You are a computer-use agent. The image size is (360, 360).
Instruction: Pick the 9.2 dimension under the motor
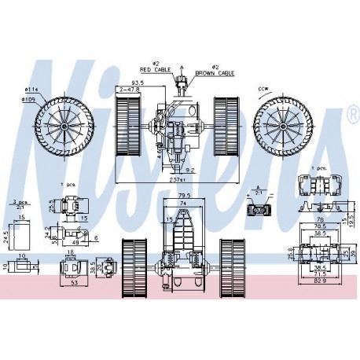click(x=191, y=168)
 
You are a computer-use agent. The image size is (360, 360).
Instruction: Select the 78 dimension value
click(x=318, y=219)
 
